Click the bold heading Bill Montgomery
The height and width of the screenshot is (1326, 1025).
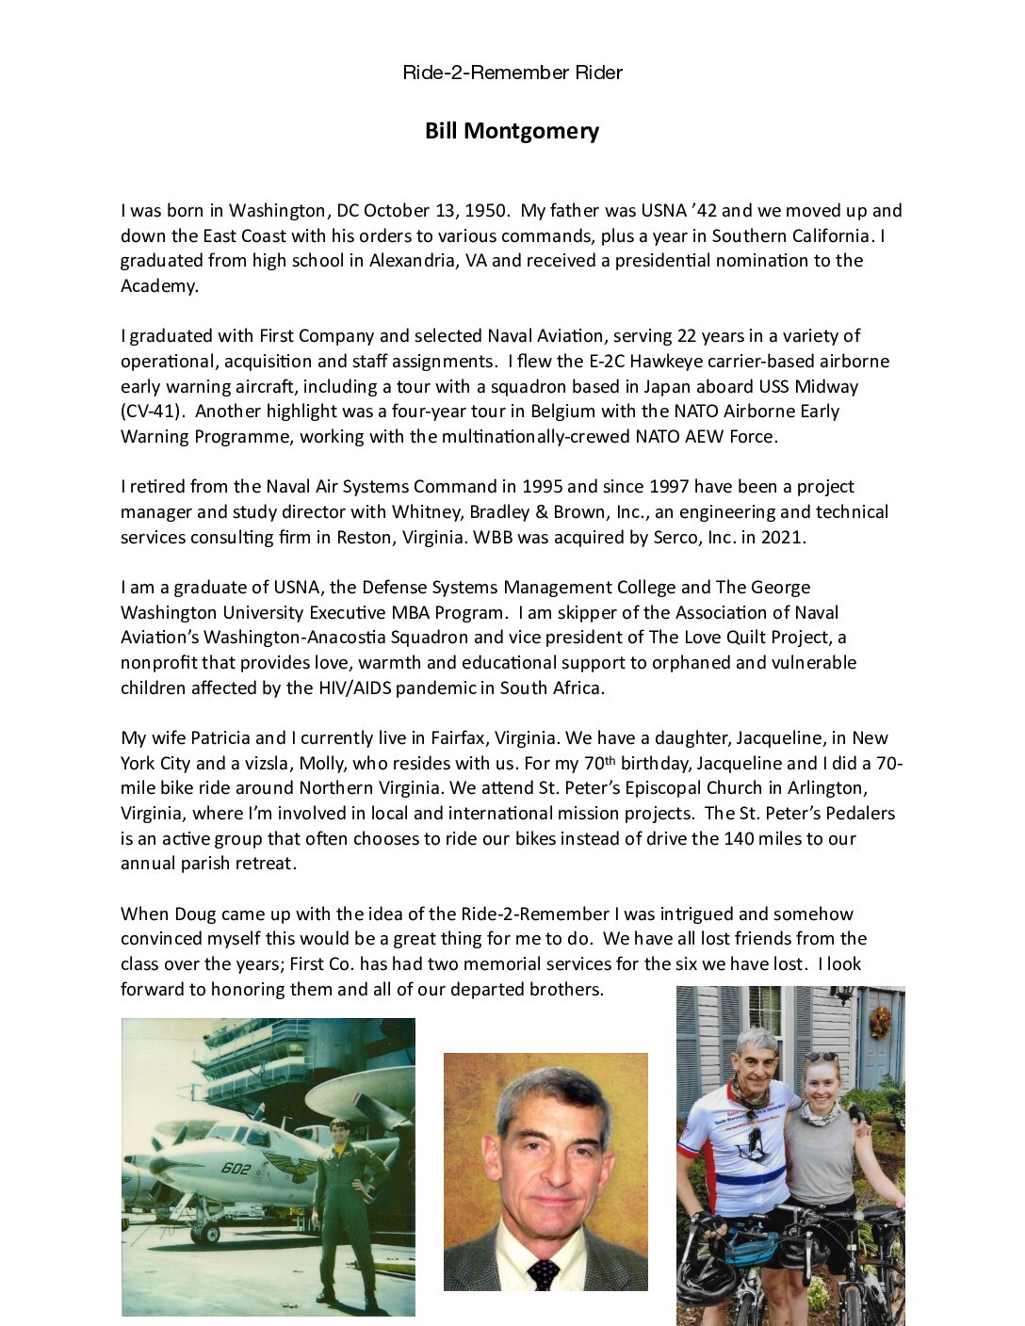pyautogui.click(x=512, y=131)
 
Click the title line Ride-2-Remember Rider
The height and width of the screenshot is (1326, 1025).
pyautogui.click(x=512, y=73)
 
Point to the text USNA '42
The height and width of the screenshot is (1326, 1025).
pyautogui.click(x=678, y=211)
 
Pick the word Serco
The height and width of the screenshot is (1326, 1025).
pyautogui.click(x=677, y=538)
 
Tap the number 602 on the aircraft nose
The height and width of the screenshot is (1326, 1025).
pyautogui.click(x=236, y=1169)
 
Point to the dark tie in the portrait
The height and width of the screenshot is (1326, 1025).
pyautogui.click(x=544, y=1273)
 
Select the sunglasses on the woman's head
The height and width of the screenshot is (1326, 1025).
pyautogui.click(x=821, y=1057)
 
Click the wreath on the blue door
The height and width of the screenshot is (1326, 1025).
pyautogui.click(x=880, y=1022)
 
